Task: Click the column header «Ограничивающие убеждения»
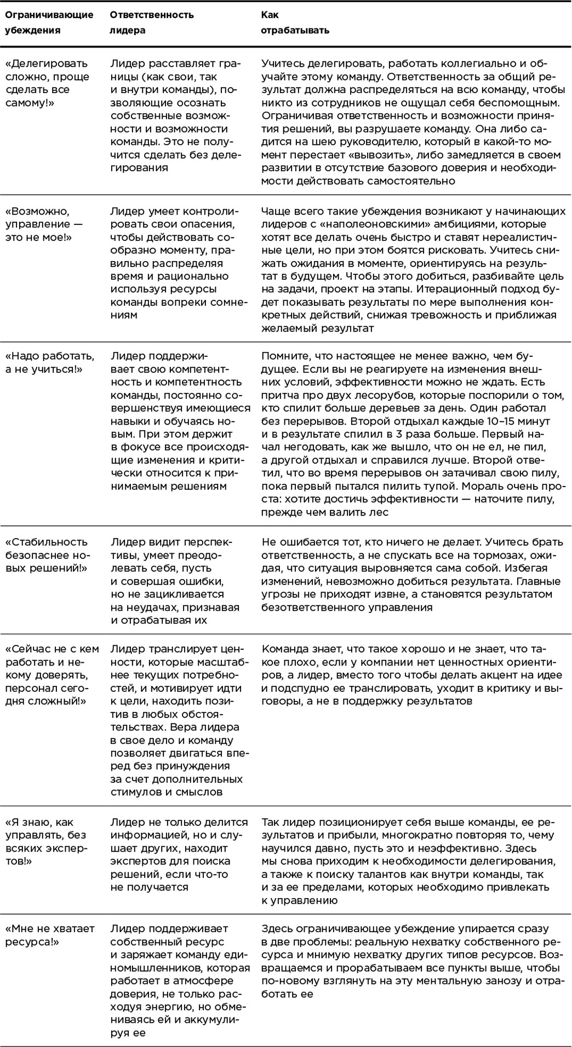[x=49, y=22]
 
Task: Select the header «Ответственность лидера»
[x=152, y=22]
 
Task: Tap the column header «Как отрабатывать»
[x=295, y=22]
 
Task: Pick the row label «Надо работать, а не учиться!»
[x=49, y=362]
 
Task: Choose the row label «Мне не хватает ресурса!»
[x=50, y=935]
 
